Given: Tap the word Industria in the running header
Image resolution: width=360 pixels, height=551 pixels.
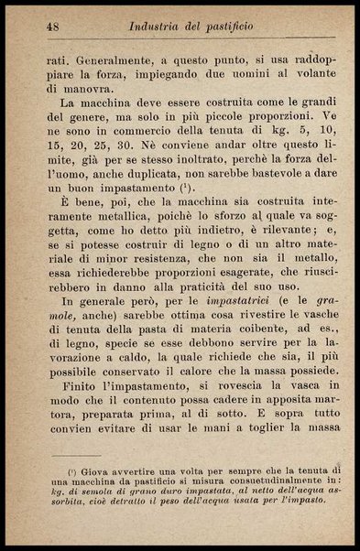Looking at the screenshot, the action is [x=160, y=27].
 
